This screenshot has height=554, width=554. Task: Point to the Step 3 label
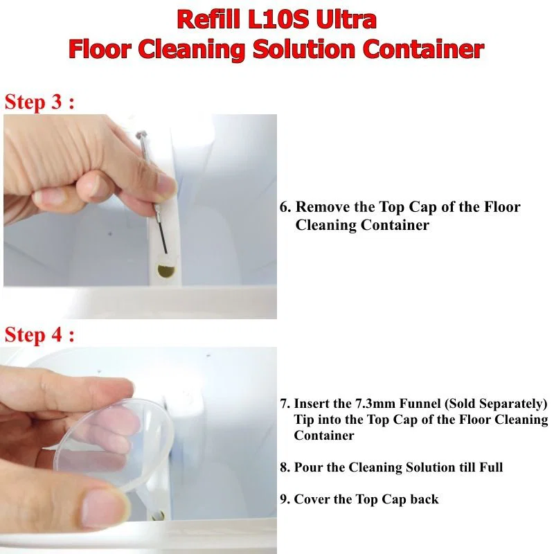pos(39,102)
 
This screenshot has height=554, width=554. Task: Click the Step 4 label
pos(39,334)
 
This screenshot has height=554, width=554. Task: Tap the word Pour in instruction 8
pos(308,467)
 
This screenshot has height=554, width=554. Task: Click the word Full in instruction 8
pos(491,467)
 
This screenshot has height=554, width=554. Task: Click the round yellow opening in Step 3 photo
pos(166,271)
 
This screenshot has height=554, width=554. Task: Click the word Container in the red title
pos(424,49)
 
